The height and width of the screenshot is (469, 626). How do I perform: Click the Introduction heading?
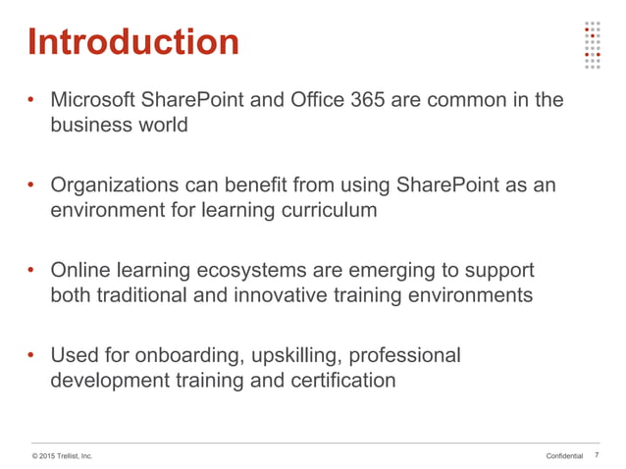133,41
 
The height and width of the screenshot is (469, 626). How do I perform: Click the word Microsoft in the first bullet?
93,100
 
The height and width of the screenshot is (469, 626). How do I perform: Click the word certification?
339,379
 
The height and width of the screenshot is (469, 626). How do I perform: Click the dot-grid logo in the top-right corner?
591,45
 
